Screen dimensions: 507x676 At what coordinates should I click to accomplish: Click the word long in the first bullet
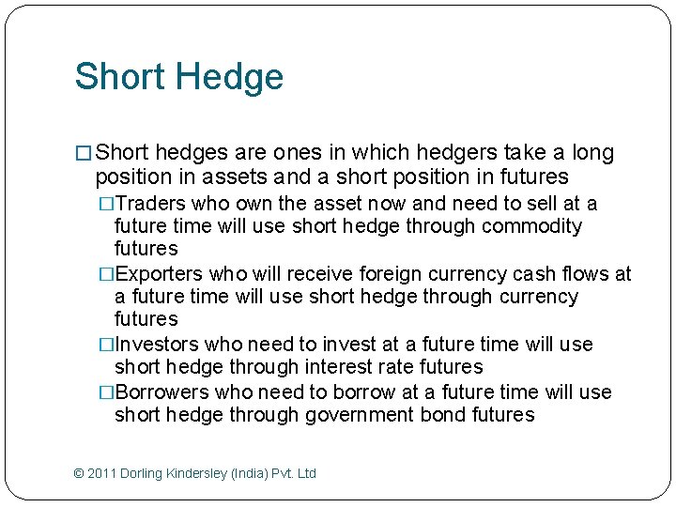coord(592,153)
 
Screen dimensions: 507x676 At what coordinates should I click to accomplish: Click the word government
coord(361,415)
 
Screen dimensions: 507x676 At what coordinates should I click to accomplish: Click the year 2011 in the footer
coord(102,473)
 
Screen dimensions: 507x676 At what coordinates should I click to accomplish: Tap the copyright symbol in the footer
coord(79,473)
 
